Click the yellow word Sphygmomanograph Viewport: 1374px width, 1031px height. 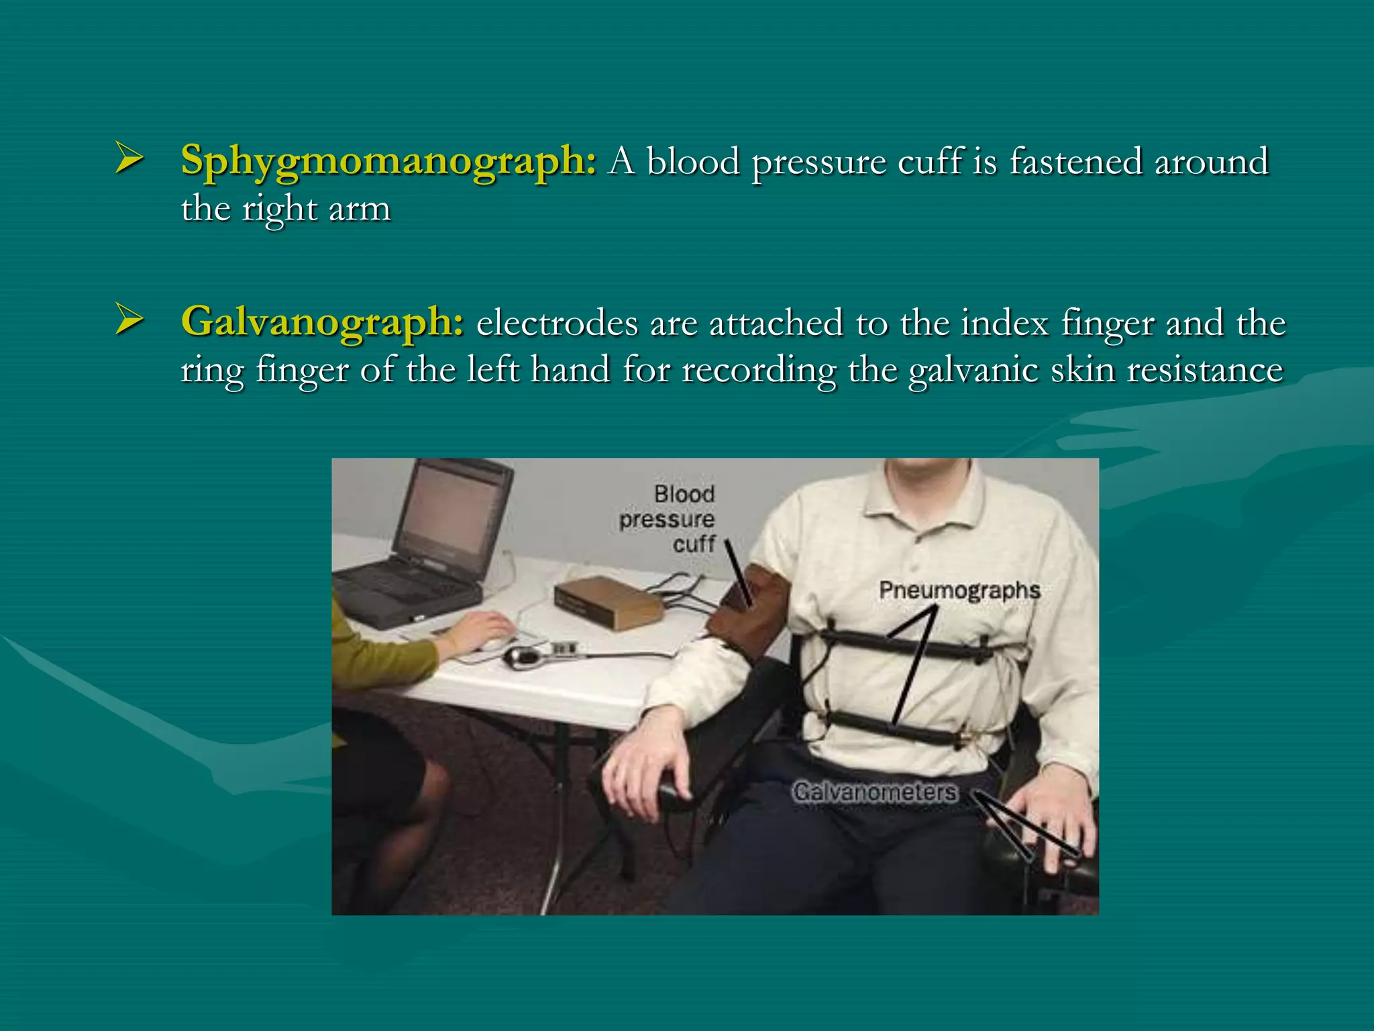[388, 162]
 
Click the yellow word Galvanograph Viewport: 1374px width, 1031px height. [322, 322]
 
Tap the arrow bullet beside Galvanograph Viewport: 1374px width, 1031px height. [129, 319]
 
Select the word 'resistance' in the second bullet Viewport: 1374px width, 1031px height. [1204, 370]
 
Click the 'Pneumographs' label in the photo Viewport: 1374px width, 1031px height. [959, 591]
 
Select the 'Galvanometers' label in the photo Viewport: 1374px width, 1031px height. [875, 792]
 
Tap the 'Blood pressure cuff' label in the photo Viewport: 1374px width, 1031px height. [668, 519]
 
